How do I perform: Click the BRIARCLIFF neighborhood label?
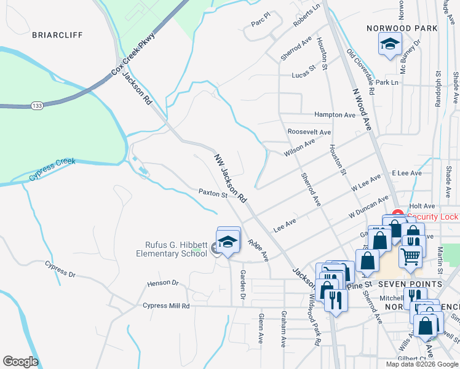57,35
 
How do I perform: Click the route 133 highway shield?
36,106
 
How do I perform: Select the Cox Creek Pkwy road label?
134,55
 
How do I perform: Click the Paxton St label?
213,193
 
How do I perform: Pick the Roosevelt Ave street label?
309,132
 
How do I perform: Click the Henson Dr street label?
162,284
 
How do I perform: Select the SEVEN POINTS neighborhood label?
410,284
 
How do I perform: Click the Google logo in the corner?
20,362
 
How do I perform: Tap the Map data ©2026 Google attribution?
421,364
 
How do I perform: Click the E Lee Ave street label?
406,173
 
